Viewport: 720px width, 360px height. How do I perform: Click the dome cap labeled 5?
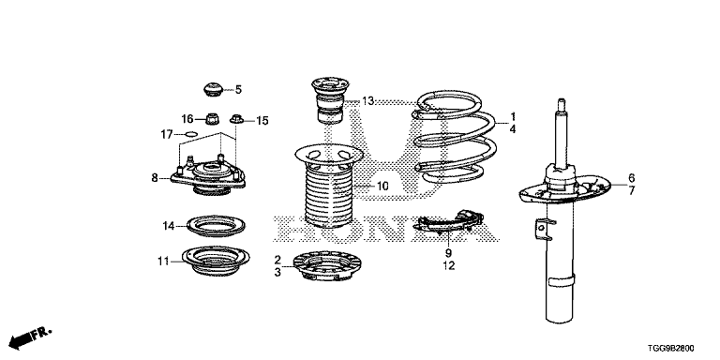213,89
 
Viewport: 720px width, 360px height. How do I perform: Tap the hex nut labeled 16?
212,119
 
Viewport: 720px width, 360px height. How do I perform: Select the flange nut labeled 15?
236,119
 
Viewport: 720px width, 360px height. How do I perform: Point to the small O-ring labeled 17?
191,134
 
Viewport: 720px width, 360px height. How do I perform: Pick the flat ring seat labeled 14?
216,226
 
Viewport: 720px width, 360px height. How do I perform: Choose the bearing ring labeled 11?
216,261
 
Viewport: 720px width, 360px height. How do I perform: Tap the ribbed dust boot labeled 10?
328,186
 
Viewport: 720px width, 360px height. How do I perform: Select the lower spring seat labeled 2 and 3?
327,266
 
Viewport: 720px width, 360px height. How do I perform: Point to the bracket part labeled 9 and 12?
449,223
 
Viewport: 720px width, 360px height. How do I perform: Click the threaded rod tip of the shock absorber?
561,103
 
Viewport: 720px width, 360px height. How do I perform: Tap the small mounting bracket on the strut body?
544,230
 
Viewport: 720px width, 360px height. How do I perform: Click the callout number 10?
382,186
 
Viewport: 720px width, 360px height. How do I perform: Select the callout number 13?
367,101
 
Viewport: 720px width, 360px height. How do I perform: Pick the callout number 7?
631,190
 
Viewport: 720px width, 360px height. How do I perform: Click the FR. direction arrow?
30,337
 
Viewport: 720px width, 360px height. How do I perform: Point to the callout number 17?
167,135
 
